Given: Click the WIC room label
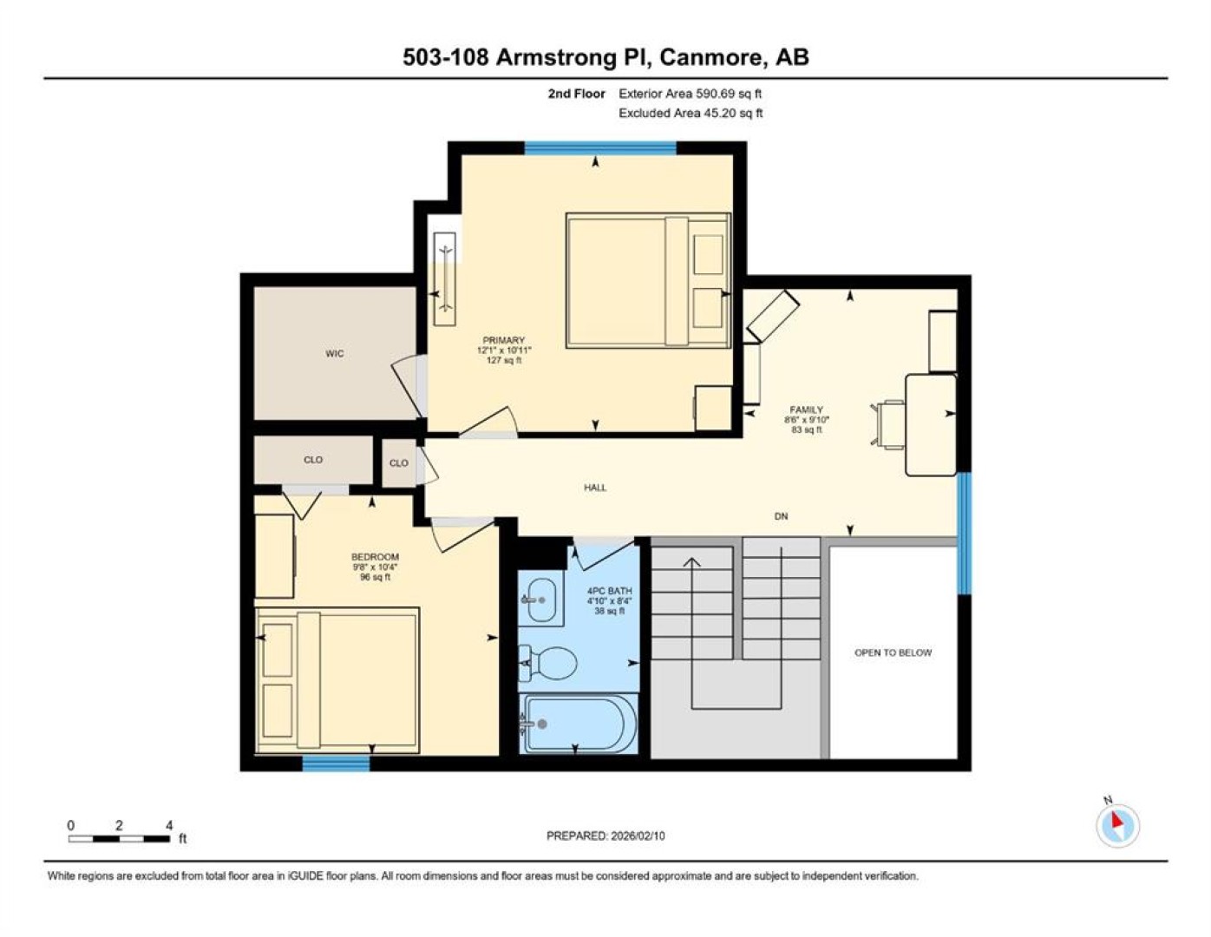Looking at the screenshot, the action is [x=334, y=353].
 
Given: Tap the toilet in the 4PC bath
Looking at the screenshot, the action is [x=548, y=663].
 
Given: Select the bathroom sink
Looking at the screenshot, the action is [x=540, y=600].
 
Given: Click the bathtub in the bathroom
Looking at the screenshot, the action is [x=579, y=724].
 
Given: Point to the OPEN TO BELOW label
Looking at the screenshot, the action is [x=893, y=652].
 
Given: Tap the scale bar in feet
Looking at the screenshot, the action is [x=119, y=838].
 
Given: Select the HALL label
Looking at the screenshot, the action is [x=595, y=488].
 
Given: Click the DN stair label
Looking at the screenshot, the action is [x=782, y=517].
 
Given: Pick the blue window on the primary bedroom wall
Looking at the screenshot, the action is [x=600, y=147].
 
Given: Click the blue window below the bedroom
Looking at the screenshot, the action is [x=336, y=763].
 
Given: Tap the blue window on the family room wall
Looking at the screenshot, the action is [x=965, y=534].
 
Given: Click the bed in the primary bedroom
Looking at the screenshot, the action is [x=648, y=280].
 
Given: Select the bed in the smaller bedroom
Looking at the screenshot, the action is [x=337, y=680].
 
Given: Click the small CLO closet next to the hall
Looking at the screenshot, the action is [x=399, y=463].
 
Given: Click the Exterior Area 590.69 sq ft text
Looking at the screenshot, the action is [x=690, y=94].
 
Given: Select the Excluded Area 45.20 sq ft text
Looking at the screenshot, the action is [x=691, y=113].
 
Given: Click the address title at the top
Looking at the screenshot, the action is [x=605, y=57].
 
